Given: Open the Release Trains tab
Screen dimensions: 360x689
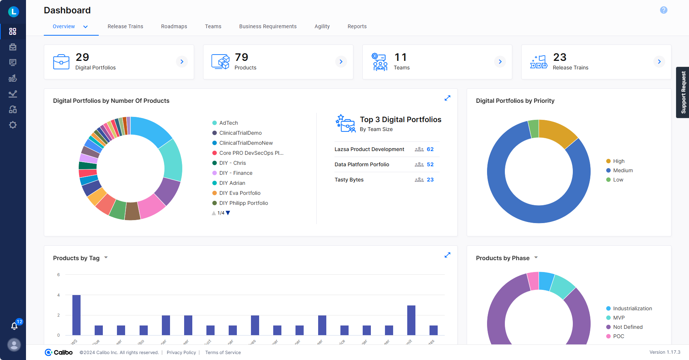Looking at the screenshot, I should (x=125, y=26).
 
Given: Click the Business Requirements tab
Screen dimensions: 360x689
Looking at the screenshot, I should (x=268, y=26).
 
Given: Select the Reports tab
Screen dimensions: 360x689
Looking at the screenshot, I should (x=357, y=26).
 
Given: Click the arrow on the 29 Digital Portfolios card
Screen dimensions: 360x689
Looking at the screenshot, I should (x=182, y=62).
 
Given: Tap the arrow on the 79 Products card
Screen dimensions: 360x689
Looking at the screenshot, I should (x=341, y=62).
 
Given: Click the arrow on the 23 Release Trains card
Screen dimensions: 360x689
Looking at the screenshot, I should (x=659, y=62).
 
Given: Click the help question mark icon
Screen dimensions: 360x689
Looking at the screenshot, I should (x=663, y=10).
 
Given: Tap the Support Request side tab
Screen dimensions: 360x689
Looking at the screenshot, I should (x=683, y=92).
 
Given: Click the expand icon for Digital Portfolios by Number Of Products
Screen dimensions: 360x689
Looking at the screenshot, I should (x=447, y=98).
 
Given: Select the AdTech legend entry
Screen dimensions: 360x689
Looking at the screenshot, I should (x=228, y=123).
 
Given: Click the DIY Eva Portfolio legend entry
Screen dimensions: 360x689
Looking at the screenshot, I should (x=239, y=193).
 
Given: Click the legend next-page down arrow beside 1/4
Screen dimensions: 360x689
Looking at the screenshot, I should (x=228, y=213).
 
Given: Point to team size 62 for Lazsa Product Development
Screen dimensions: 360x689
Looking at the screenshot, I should (x=430, y=149).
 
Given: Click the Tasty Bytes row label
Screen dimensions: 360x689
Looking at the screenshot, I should (x=349, y=180).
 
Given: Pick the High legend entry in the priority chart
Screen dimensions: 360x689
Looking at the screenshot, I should (x=618, y=161).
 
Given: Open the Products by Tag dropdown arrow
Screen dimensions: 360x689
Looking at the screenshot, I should (x=106, y=258).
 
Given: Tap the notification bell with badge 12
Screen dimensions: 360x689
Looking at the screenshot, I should (x=14, y=326).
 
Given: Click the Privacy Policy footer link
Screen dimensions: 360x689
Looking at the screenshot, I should (x=181, y=353).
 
